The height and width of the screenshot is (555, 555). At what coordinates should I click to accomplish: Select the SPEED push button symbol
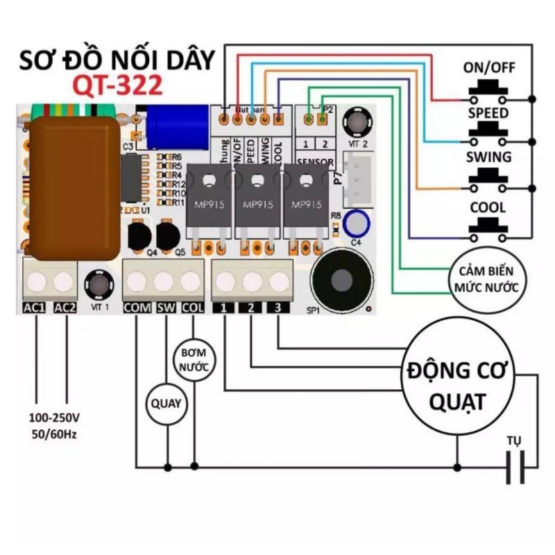tap(486, 132)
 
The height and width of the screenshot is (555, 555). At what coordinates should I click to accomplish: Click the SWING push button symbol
tap(486, 179)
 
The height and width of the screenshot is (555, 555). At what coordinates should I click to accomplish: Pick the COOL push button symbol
tap(486, 228)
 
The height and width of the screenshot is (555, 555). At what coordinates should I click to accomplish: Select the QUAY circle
tap(167, 402)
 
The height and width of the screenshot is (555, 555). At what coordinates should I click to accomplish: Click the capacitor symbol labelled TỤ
tap(515, 466)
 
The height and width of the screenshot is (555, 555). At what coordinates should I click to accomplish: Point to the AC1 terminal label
tap(35, 308)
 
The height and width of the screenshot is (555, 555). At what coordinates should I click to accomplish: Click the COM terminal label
tap(137, 308)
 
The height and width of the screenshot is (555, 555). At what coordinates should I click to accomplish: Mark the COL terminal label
tap(194, 308)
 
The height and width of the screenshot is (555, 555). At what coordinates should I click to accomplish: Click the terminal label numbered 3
tap(278, 308)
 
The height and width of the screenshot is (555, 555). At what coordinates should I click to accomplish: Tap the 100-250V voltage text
tap(54, 418)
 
